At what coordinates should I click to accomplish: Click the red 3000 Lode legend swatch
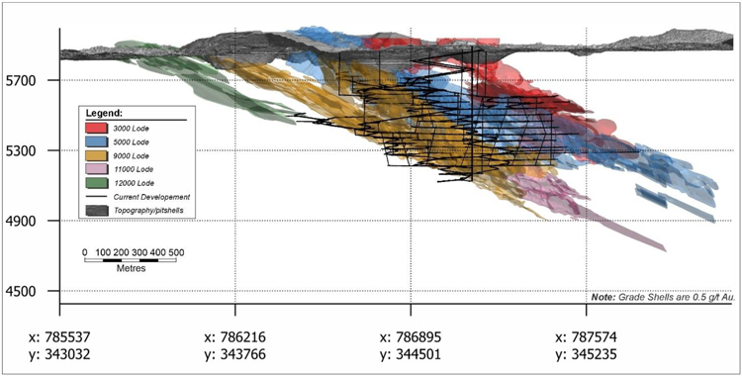[97, 128]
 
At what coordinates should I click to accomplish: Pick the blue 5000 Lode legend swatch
[97, 141]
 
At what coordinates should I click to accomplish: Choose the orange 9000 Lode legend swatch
[97, 155]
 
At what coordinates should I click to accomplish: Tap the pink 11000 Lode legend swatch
[97, 169]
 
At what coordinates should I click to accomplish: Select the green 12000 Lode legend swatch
[97, 183]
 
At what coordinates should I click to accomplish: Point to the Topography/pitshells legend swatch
[97, 210]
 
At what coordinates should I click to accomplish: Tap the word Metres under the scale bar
[131, 268]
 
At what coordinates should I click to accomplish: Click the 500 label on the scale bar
[176, 252]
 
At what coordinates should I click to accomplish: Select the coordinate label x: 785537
[59, 337]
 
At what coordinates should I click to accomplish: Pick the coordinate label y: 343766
[235, 354]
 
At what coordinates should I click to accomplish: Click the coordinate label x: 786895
[411, 337]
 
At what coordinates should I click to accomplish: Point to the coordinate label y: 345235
[586, 354]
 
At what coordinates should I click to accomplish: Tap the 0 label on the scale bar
[85, 252]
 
